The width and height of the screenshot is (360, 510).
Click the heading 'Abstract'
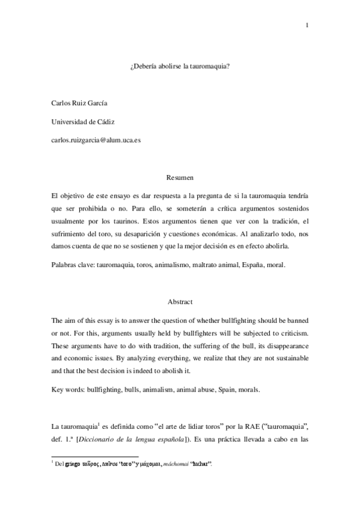click(180, 303)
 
